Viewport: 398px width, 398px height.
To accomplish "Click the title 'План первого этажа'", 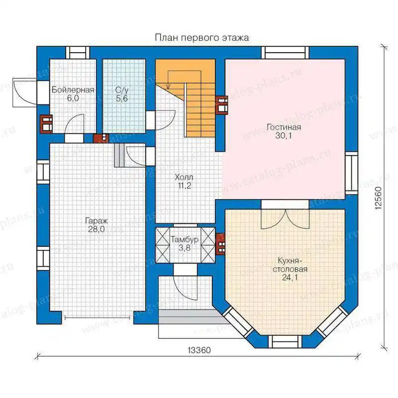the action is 202,38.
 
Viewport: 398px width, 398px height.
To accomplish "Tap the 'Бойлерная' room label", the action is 73,90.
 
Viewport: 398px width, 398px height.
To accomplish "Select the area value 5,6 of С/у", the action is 122,99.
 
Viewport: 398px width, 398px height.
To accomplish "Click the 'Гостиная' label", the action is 284,127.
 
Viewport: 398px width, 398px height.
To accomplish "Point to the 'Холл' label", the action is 184,177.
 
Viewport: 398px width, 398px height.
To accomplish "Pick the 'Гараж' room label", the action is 97,220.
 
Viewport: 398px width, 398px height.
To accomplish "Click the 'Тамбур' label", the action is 185,239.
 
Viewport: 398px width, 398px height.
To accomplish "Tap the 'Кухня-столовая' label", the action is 290,265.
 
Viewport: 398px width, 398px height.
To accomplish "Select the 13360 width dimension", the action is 199,350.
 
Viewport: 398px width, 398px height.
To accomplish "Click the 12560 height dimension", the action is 379,198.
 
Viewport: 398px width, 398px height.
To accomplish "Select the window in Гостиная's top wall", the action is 285,53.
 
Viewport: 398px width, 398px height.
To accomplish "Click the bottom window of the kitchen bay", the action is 285,341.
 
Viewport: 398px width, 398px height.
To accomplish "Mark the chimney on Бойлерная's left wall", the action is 46,124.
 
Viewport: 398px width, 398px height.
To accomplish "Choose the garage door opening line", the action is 97,317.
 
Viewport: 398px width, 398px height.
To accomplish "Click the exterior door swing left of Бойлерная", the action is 25,93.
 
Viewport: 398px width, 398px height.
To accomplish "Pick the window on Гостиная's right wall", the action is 352,173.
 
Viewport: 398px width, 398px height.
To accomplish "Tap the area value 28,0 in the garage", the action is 97,229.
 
